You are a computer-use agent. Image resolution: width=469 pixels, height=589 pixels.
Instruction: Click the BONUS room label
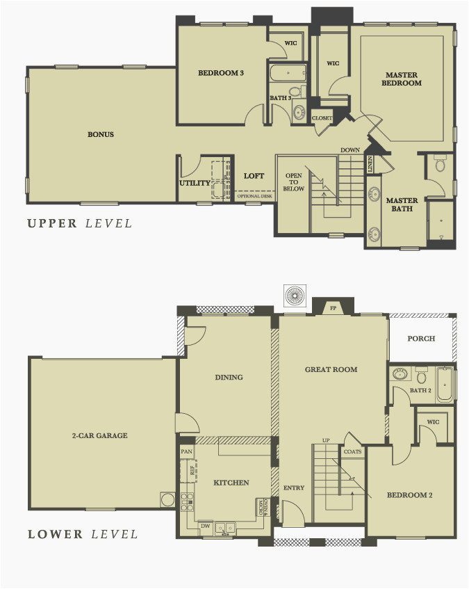(101, 134)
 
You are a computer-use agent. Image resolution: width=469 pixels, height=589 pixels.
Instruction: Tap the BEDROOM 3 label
(221, 73)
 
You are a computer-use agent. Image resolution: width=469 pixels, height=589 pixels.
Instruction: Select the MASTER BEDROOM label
(404, 79)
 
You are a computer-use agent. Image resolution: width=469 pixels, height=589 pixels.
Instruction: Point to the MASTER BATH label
(402, 204)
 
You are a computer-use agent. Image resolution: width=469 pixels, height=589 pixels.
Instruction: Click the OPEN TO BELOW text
(294, 182)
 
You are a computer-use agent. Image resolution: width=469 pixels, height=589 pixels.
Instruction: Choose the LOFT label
(254, 176)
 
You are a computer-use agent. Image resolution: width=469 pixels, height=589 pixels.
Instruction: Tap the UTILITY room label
(195, 184)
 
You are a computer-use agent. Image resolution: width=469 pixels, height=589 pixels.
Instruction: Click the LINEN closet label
(371, 165)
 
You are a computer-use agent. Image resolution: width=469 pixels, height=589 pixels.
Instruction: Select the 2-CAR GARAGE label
(100, 436)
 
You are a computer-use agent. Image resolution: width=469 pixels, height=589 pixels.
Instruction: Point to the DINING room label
(229, 378)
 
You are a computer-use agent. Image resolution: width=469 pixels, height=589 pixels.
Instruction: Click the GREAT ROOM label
(331, 369)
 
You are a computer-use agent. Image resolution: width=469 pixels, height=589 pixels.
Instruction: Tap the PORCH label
(421, 339)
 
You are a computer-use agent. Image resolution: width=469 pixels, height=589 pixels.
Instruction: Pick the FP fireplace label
(333, 306)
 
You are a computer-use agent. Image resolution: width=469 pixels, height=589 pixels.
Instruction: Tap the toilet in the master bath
(439, 164)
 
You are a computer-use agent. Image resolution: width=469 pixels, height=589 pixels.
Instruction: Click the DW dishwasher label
(205, 526)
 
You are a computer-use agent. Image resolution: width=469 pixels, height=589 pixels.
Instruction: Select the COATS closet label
(352, 452)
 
